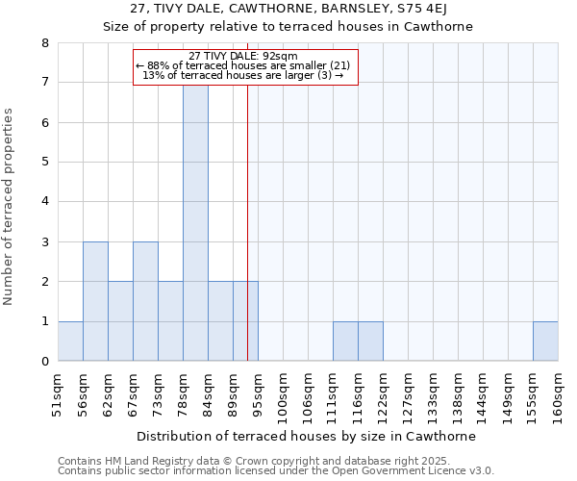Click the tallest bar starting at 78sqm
tap(195, 221)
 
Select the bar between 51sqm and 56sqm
tap(70, 341)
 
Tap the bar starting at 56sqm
tap(95, 301)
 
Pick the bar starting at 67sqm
tap(145, 301)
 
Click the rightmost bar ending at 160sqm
tap(545, 341)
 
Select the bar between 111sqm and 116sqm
tap(345, 341)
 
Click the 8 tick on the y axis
tap(45, 43)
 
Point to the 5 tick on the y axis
tap(45, 163)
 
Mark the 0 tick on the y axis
tap(45, 361)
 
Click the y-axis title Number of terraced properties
tap(9, 206)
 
